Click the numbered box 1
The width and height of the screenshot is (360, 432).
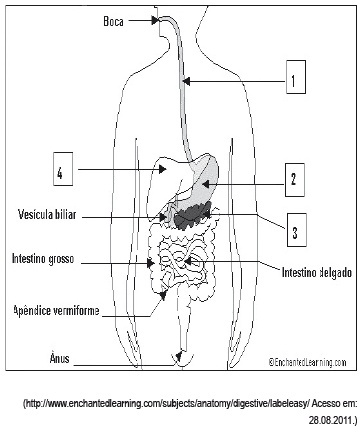click(296, 77)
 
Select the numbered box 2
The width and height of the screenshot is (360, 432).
click(295, 180)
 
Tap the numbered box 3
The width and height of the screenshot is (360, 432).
click(297, 230)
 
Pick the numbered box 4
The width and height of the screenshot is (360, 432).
click(63, 169)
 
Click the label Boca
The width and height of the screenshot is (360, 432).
click(113, 22)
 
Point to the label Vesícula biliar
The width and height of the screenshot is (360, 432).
click(47, 214)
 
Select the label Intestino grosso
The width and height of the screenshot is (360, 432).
click(43, 259)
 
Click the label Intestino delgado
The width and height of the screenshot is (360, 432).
click(317, 272)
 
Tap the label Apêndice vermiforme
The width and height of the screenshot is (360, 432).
click(56, 311)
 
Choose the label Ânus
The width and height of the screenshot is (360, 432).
click(59, 358)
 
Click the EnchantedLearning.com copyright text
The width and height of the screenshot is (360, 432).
click(308, 362)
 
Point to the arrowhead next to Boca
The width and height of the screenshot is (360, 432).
click(155, 21)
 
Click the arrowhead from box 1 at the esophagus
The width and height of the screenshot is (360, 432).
click(187, 81)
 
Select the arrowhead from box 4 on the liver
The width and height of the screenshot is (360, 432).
click(162, 169)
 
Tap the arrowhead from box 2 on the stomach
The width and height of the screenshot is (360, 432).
click(206, 184)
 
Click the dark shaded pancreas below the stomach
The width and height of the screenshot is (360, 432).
click(192, 215)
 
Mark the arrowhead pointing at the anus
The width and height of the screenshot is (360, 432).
click(179, 356)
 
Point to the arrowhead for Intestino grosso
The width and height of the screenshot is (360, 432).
click(151, 264)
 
